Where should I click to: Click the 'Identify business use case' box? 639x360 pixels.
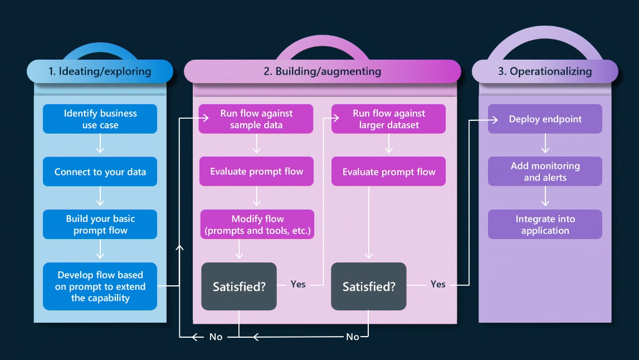(100, 119)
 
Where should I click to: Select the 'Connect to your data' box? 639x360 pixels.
(100, 172)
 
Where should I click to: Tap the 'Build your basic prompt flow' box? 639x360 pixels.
(100, 225)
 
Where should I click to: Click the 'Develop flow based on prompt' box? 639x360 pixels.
(100, 286)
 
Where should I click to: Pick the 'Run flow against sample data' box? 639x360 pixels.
(256, 119)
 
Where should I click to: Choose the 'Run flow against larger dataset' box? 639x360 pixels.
(389, 119)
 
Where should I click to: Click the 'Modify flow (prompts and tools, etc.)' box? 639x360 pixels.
(257, 225)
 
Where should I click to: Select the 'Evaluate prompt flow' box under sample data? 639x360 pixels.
(256, 172)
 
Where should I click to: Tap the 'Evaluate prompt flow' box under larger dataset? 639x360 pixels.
(389, 172)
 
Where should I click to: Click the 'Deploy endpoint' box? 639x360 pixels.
(545, 119)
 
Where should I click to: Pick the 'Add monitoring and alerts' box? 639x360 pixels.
(545, 172)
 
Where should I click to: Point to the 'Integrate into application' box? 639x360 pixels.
(545, 225)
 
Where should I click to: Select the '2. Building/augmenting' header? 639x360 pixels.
(323, 71)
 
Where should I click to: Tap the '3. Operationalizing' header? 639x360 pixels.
(545, 71)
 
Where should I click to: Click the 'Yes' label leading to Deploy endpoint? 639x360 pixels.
(438, 284)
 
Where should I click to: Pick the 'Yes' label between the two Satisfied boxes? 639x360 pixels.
(298, 284)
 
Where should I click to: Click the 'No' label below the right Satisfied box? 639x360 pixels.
(353, 337)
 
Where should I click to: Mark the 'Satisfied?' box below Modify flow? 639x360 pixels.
(239, 286)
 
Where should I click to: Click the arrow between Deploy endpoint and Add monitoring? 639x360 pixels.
(545, 145)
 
